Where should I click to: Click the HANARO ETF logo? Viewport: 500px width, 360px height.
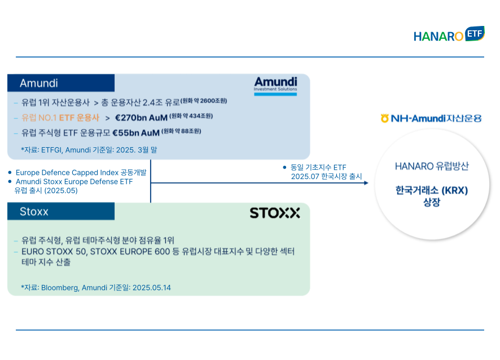click(x=449, y=34)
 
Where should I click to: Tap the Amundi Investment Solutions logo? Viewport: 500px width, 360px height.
click(x=275, y=86)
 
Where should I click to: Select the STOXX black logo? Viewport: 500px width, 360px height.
click(x=275, y=213)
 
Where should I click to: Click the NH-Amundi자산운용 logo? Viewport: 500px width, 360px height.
click(x=431, y=118)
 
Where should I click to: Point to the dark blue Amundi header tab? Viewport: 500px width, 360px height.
click(x=61, y=83)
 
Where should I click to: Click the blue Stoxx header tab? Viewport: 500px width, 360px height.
click(x=61, y=211)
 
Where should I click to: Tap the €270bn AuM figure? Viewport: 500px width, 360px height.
click(x=141, y=118)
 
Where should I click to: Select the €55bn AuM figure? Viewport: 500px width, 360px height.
click(x=136, y=133)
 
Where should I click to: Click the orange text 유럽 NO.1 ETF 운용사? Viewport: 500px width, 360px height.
click(x=60, y=118)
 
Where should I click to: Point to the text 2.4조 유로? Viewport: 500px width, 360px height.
click(x=161, y=102)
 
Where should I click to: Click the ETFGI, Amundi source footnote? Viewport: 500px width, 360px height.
click(x=89, y=150)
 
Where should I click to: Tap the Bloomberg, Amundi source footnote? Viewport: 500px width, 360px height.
click(x=96, y=288)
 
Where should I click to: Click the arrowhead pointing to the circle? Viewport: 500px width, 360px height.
click(x=366, y=183)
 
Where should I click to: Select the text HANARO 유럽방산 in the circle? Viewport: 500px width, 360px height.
click(x=432, y=166)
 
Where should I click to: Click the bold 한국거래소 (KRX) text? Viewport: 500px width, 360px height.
click(x=432, y=190)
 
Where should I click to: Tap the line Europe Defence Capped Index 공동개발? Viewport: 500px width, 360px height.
click(x=81, y=173)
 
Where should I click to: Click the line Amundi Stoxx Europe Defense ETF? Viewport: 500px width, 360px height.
click(x=74, y=182)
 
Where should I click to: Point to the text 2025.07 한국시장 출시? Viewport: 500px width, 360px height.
click(x=327, y=177)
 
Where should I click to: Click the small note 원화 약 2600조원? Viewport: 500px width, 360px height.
click(x=204, y=101)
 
